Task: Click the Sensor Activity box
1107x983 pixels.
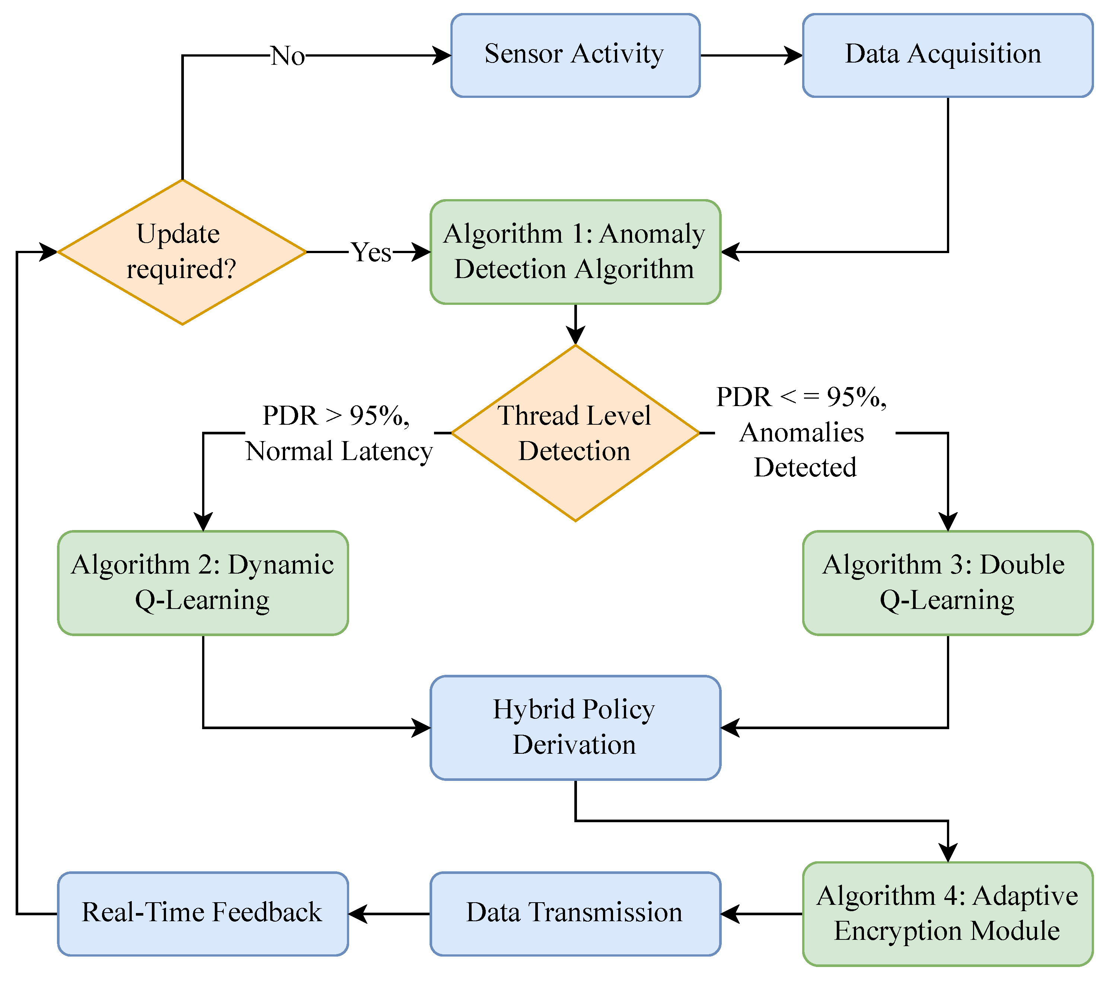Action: (575, 55)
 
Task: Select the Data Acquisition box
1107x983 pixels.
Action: (947, 55)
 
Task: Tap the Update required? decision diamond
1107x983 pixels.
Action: (182, 252)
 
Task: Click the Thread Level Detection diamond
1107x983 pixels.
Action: (575, 433)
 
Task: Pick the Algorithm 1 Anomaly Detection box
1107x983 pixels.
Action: (575, 252)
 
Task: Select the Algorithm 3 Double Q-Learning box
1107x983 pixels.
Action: (947, 583)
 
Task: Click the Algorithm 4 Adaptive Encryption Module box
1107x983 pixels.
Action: (947, 914)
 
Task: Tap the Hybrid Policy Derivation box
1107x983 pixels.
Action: (575, 727)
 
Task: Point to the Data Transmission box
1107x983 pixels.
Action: (575, 914)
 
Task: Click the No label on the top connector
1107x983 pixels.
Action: (288, 55)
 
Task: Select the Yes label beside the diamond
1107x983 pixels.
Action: (371, 252)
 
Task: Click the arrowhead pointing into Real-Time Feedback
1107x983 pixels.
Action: (357, 914)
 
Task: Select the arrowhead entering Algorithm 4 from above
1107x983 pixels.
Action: (948, 853)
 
